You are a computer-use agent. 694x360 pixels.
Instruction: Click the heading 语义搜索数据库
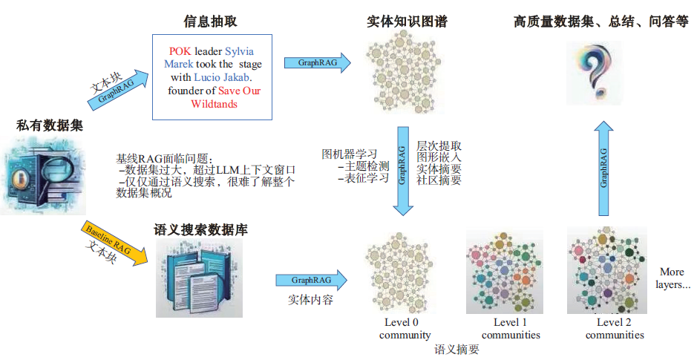click(200, 230)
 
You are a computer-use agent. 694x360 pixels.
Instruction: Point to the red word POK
click(180, 50)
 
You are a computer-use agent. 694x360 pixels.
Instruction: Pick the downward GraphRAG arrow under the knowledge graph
click(402, 170)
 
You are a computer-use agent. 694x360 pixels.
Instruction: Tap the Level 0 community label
click(405, 328)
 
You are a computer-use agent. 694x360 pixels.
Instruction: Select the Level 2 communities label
click(614, 328)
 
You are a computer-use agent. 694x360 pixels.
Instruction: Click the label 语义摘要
click(457, 349)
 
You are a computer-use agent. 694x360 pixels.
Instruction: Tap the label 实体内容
click(311, 301)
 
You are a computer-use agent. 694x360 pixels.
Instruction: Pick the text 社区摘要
click(439, 180)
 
